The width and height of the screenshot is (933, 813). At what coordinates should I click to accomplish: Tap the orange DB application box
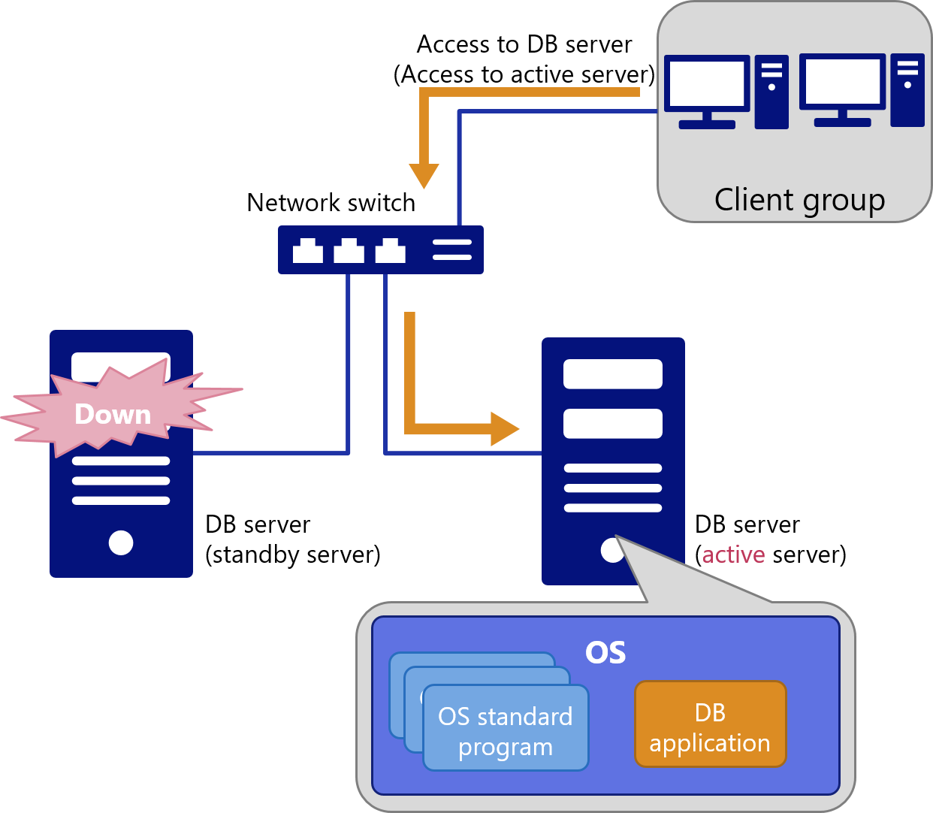(x=710, y=724)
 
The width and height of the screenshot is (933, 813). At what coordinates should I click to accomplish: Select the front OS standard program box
(x=506, y=728)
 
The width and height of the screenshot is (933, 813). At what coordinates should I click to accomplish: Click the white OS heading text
(x=605, y=652)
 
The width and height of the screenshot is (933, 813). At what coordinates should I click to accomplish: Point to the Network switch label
(x=331, y=202)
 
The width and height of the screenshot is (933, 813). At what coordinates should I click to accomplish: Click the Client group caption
(x=799, y=201)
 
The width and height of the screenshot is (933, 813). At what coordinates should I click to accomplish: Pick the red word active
(x=733, y=555)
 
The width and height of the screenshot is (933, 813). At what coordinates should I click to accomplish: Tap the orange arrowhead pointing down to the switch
(x=424, y=176)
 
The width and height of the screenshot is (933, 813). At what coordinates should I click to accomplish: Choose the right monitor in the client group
(x=842, y=90)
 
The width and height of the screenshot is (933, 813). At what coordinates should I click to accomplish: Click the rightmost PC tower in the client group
(x=907, y=90)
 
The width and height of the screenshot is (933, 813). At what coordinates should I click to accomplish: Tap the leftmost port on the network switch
(x=308, y=250)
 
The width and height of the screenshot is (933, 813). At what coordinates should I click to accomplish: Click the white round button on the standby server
(x=121, y=543)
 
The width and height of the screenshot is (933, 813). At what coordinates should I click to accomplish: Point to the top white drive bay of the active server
(x=612, y=374)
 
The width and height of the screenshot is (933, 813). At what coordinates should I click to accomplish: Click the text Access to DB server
(x=524, y=44)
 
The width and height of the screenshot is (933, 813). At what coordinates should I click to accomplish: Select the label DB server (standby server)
(x=293, y=539)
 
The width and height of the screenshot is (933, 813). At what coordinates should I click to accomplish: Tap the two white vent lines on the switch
(x=452, y=250)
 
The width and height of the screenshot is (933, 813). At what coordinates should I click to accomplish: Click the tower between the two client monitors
(x=771, y=92)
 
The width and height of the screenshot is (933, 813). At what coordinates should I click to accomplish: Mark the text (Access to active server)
(x=524, y=74)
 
